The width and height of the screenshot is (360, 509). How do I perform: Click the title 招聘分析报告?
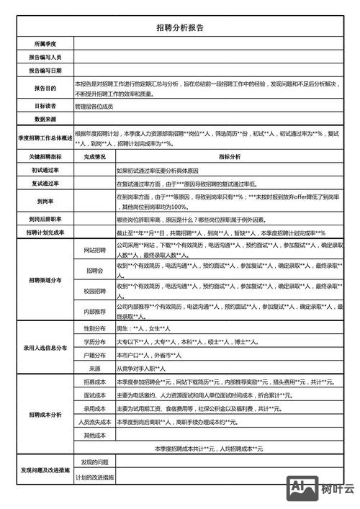tap(179, 27)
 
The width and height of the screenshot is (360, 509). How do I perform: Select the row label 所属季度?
tap(45, 44)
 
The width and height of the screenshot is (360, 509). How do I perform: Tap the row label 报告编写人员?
tap(45, 57)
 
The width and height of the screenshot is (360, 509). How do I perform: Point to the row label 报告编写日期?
tap(45, 71)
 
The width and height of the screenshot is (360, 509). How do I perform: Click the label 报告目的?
tap(45, 89)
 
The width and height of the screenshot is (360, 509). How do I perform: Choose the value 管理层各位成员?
tap(94, 106)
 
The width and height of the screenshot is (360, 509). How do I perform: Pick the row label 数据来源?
tap(45, 119)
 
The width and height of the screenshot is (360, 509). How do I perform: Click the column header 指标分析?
tap(230, 156)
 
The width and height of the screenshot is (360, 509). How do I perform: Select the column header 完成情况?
tap(94, 156)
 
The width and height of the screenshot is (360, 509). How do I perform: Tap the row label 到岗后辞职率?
tap(45, 219)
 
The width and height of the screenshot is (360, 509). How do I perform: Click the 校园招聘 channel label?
tap(94, 292)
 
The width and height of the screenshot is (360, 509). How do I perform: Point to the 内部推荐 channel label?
tap(94, 311)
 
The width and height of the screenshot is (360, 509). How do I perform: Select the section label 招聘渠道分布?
tap(45, 280)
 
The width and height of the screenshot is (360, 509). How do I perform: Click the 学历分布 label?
tap(94, 341)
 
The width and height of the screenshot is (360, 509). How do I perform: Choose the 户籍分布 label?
tap(94, 355)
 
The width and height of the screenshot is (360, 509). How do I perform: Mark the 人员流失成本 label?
tap(94, 421)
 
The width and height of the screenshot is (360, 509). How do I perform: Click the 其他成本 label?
tap(94, 435)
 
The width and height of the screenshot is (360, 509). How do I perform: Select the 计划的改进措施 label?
tap(94, 477)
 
